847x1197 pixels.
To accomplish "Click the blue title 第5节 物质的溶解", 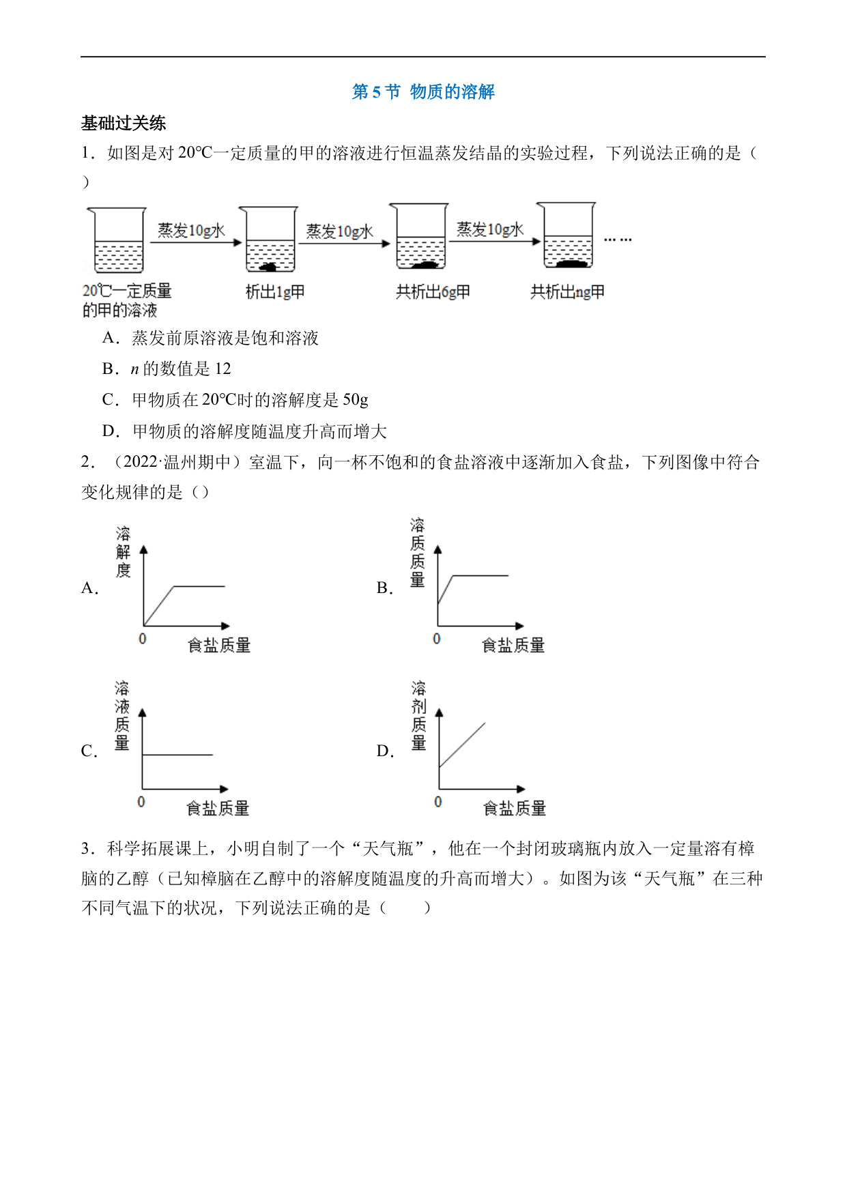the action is (x=423, y=91).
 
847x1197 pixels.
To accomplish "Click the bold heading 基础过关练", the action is (x=124, y=123).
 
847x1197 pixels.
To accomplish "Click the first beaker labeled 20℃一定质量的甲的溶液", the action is (x=116, y=240).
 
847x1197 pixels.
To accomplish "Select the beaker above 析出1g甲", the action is (x=271, y=240).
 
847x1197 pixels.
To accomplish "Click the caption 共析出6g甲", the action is (x=433, y=292).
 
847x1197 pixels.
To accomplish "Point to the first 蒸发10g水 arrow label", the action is (x=191, y=230).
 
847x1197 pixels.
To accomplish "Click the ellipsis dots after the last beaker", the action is (x=618, y=240).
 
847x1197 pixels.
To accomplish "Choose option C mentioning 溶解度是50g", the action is (x=235, y=400).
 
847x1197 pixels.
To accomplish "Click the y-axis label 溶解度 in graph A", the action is (x=123, y=552).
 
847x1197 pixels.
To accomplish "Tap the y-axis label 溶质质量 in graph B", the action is (x=418, y=553).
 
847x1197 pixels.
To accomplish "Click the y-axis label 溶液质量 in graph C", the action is (x=122, y=716).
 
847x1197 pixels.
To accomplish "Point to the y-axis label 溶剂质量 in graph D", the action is (x=419, y=716).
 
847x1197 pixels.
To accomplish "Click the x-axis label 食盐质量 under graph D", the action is (x=515, y=809).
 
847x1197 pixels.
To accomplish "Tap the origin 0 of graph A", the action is (x=142, y=639).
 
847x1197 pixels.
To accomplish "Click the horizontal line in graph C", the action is (x=177, y=755).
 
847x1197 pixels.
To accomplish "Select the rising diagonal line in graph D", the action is (x=462, y=745).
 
